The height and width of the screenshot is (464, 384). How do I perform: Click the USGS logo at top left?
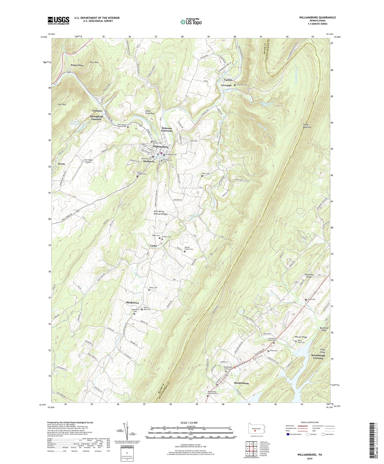click(x=58, y=20)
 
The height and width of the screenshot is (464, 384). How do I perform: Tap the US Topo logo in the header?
click(x=191, y=22)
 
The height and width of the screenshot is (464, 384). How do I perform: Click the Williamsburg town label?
click(x=161, y=147)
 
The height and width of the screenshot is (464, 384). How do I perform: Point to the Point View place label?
click(x=77, y=65)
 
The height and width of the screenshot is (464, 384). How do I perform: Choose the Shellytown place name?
click(x=132, y=303)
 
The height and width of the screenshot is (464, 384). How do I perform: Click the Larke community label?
click(x=154, y=246)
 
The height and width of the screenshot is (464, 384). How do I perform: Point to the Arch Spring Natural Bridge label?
click(x=160, y=213)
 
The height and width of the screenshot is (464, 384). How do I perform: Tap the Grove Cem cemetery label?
click(x=311, y=299)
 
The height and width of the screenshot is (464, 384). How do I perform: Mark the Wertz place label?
click(x=61, y=164)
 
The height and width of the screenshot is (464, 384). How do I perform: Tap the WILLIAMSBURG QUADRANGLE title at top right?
click(x=317, y=17)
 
